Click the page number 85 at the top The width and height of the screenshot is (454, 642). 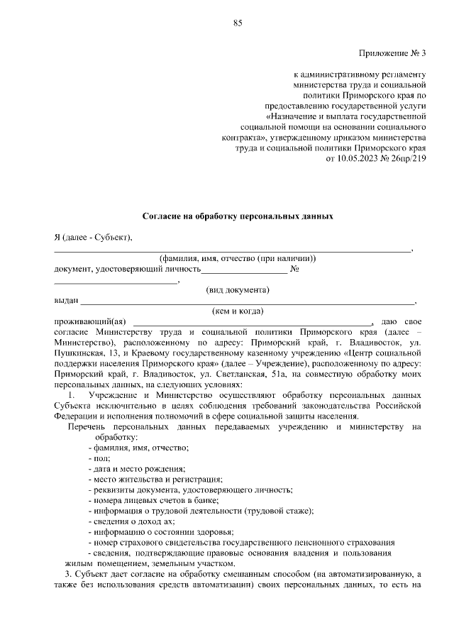pyautogui.click(x=238, y=23)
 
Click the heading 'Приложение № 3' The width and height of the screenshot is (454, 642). pyautogui.click(x=392, y=52)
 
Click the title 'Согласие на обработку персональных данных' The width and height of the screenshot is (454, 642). pyautogui.click(x=238, y=214)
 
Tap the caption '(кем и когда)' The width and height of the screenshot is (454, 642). pyautogui.click(x=238, y=311)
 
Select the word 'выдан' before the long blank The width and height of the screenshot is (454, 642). pyautogui.click(x=66, y=301)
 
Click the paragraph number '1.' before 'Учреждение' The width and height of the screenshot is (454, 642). pyautogui.click(x=71, y=394)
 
